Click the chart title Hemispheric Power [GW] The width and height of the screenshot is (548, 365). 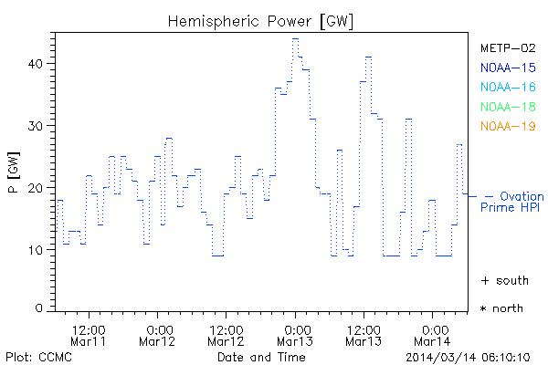[261, 19]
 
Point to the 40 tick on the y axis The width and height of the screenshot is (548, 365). [37, 63]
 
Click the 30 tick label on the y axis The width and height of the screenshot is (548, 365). [37, 125]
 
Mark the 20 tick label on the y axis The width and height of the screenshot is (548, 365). [37, 187]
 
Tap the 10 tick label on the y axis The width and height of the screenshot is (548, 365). [37, 249]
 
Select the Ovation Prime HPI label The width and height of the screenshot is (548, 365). [512, 202]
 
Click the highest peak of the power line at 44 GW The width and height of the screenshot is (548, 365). [295, 38]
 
